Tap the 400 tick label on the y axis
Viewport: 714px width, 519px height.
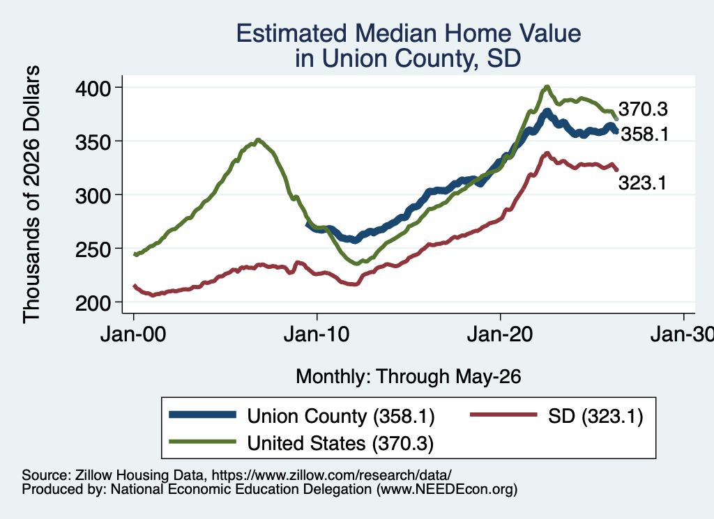pos(93,88)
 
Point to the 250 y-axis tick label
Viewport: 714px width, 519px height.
pos(93,249)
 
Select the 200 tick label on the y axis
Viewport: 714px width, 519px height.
pos(93,303)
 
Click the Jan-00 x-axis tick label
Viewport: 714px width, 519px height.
pos(133,334)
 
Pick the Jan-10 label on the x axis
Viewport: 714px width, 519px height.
pos(317,334)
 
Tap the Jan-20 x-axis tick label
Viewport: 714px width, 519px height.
pos(500,334)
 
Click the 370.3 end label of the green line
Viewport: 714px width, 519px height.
pos(643,109)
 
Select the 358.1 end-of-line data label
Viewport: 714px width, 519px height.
pos(645,134)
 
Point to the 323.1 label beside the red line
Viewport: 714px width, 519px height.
pos(642,183)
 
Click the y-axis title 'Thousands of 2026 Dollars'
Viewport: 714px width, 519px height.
pos(31,194)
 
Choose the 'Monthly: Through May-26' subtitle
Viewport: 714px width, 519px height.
pos(409,377)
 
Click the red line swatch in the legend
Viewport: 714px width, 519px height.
pos(503,415)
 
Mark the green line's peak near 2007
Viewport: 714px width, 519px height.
pos(258,139)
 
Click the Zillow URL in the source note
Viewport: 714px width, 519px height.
pos(331,475)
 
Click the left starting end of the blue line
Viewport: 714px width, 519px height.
pos(307,224)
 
